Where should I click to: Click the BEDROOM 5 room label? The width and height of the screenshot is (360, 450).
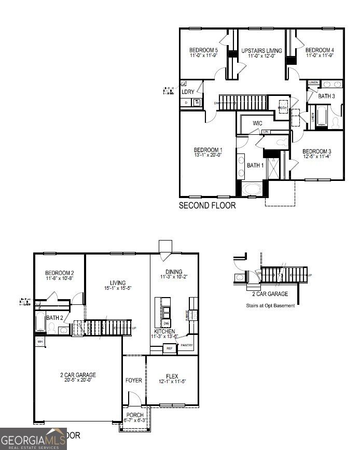click(x=203, y=50)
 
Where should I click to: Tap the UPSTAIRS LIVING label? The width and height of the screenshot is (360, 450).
click(x=262, y=50)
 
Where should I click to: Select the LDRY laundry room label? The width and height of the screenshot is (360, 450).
click(x=188, y=92)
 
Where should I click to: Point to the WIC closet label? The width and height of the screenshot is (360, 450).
click(x=257, y=123)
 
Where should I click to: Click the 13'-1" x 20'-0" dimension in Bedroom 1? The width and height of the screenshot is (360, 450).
click(x=207, y=154)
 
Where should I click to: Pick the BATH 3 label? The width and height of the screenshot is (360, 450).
click(x=326, y=96)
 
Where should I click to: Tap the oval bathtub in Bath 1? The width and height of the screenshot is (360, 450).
click(x=253, y=189)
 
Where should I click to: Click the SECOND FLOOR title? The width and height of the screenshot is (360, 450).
click(x=207, y=205)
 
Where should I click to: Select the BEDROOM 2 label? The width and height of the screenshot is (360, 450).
click(x=59, y=273)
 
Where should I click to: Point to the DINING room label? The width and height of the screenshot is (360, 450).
click(x=174, y=272)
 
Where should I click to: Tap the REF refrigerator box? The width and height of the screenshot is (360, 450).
click(x=169, y=349)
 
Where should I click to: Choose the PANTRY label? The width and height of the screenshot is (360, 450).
click(x=187, y=345)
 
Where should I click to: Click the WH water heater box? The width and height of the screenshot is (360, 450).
click(x=40, y=341)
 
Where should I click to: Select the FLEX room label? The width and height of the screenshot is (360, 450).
click(x=172, y=376)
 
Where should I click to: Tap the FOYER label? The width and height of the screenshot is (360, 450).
click(x=134, y=381)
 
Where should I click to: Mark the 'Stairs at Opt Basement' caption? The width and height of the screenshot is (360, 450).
click(x=270, y=305)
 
